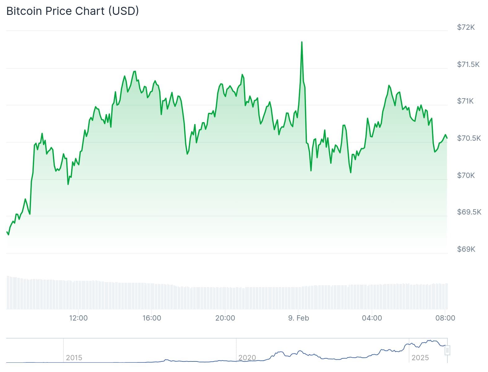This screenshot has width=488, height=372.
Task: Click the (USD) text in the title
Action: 123,11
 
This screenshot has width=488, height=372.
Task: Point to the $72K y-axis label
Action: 466,27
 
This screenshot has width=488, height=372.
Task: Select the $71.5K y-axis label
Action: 468,64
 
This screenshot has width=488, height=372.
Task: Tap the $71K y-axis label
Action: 465,101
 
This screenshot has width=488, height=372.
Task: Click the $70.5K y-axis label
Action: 469,138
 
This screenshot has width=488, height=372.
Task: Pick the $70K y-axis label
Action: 466,175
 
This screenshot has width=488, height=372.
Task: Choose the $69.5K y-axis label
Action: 469,212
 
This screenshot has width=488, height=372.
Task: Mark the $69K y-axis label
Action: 466,249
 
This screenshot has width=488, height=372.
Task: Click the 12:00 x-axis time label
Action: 78,318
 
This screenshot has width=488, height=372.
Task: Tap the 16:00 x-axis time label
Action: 152,318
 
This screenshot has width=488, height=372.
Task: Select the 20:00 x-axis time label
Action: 225,318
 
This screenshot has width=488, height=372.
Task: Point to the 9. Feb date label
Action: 298,318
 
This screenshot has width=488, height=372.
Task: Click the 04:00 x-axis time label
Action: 372,318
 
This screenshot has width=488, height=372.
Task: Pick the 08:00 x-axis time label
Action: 445,318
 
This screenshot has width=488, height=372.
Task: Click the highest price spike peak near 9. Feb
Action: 302,42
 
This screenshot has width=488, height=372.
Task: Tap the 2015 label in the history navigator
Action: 74,358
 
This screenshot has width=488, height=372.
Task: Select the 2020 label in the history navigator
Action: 247,358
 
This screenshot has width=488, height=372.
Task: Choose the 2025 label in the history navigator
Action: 420,358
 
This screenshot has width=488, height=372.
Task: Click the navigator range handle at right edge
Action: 447,350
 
